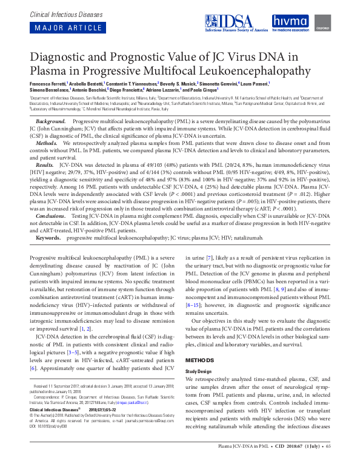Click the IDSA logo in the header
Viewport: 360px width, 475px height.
pos(236,22)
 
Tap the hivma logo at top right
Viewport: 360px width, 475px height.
pos(290,22)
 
